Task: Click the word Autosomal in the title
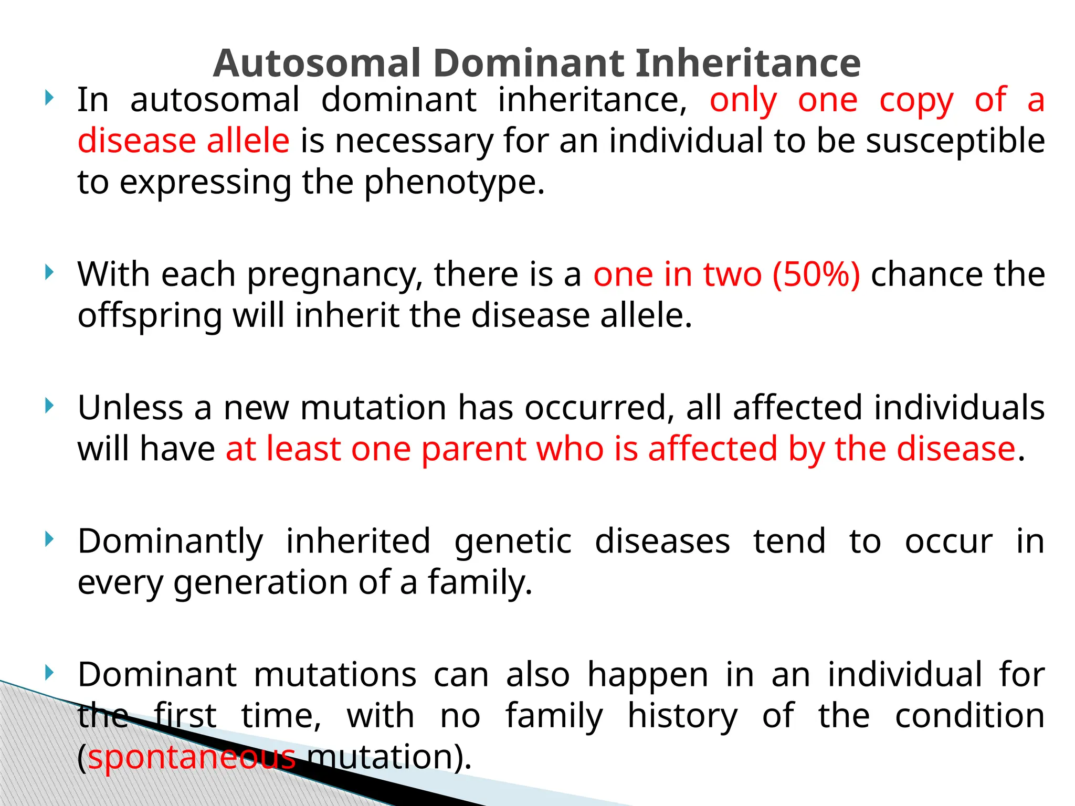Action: pyautogui.click(x=317, y=63)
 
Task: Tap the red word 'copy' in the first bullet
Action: pyautogui.click(x=916, y=101)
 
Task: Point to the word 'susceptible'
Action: pyautogui.click(x=955, y=142)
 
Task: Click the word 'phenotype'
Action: pyautogui.click(x=454, y=183)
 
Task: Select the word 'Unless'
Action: pyautogui.click(x=130, y=408)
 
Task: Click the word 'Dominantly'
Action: pyautogui.click(x=171, y=542)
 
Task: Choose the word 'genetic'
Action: pyautogui.click(x=513, y=542)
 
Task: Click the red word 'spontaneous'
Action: pyautogui.click(x=192, y=758)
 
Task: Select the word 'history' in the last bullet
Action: pyautogui.click(x=682, y=716)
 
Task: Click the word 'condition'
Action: pyautogui.click(x=969, y=716)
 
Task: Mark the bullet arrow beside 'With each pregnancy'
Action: pyautogui.click(x=49, y=272)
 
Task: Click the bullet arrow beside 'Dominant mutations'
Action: pyautogui.click(x=49, y=672)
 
